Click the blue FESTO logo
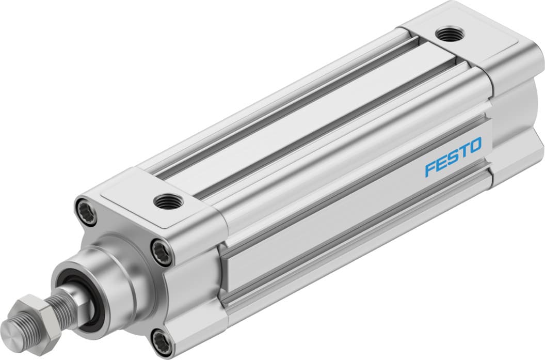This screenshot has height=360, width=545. click(453, 157)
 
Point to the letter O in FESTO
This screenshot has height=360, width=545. click(475, 145)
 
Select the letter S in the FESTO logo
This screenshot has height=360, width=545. click(452, 158)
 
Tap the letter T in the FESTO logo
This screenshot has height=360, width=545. click(463, 151)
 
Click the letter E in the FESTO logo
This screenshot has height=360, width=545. click(440, 164)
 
